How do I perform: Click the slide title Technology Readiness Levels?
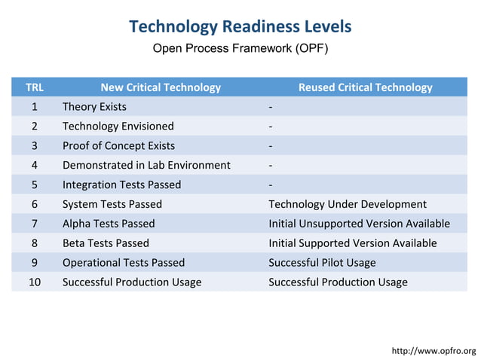tap(240, 27)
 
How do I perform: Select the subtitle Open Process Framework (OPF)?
tap(240, 49)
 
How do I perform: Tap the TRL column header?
tap(35, 87)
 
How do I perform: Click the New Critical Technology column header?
tap(161, 87)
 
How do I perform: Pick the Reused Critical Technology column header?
tap(365, 87)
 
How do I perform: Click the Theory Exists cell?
tap(94, 107)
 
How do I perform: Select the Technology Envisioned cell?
tap(118, 127)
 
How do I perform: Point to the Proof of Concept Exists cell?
tap(118, 146)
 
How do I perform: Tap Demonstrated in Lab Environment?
tap(146, 165)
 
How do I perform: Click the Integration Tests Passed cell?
tap(121, 185)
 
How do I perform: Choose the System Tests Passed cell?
tap(112, 204)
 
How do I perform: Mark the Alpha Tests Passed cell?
tap(108, 224)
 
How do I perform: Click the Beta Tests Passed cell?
tap(106, 243)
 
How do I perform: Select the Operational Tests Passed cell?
tap(123, 263)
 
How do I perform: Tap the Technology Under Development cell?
tap(348, 204)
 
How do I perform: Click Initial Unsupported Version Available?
tap(359, 224)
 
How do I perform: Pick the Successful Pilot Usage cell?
tap(322, 263)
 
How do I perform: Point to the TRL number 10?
tap(35, 282)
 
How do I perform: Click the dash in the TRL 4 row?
tap(271, 166)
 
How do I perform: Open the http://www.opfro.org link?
tap(434, 351)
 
